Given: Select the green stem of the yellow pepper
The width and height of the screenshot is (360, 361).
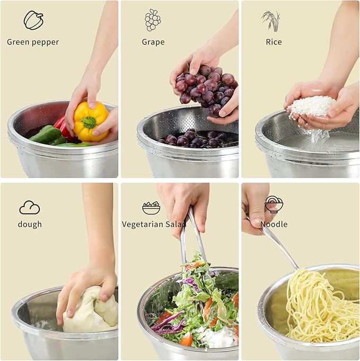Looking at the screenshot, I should point(89,122).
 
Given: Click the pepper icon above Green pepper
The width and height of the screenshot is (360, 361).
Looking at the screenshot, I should point(33,20).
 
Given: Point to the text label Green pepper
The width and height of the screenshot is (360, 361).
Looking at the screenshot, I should point(33,42).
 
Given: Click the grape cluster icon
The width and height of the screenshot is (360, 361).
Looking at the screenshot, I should point(153,20).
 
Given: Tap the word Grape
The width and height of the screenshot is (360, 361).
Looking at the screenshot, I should point(153,42).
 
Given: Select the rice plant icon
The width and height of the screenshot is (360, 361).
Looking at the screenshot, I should point(271,20).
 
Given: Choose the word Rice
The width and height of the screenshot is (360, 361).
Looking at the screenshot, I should point(274,42).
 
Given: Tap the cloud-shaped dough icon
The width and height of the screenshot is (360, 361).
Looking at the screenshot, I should point(30,207).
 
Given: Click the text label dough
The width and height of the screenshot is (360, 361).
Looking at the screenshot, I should point(30,224).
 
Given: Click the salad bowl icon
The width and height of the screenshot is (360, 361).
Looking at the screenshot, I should point(151,207).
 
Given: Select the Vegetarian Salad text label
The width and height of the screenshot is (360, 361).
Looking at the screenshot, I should point(154,224).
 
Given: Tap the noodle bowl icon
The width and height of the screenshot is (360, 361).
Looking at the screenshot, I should point(274,204).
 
